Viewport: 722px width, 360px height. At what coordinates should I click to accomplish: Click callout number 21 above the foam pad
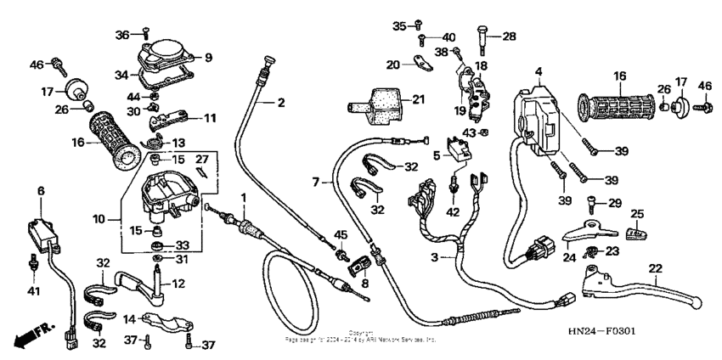tap(418, 100)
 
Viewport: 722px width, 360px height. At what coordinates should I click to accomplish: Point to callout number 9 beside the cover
tap(209, 58)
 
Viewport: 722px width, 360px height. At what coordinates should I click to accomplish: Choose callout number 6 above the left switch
tap(41, 192)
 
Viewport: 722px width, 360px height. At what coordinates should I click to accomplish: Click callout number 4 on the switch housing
tap(538, 71)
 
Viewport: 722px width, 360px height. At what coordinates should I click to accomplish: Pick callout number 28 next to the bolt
tap(509, 36)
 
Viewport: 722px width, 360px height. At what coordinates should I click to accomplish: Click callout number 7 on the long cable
tap(315, 182)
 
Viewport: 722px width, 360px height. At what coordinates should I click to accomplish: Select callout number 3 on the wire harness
tap(435, 257)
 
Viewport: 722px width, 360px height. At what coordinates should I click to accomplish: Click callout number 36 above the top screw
tap(121, 34)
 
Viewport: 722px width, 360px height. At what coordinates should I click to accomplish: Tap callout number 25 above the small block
tap(637, 213)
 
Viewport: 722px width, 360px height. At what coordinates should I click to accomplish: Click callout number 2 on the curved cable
tap(280, 102)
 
